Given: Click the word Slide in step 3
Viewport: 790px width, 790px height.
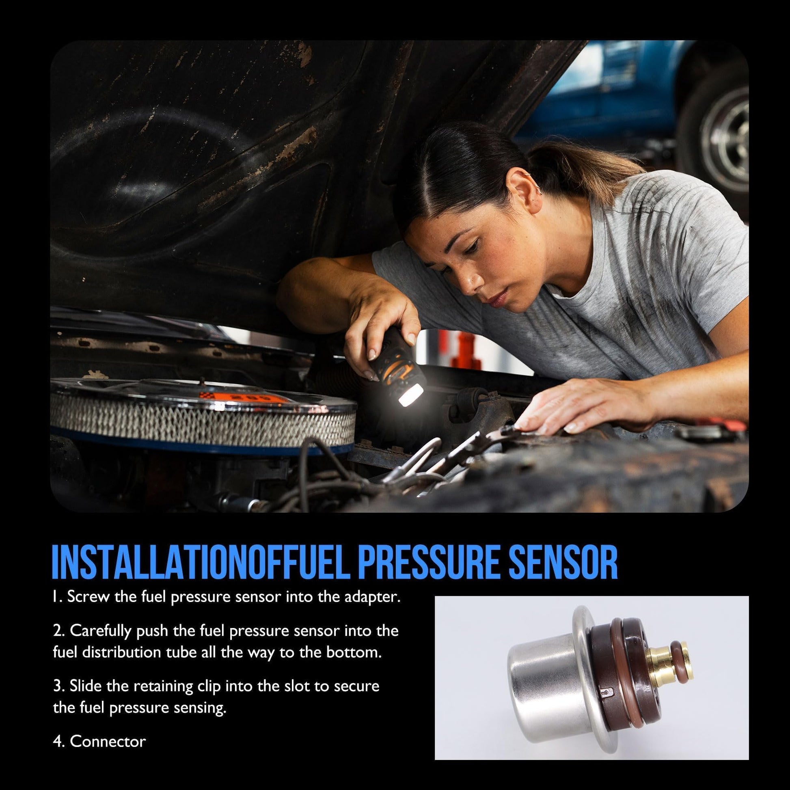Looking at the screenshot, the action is pos(86,686).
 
